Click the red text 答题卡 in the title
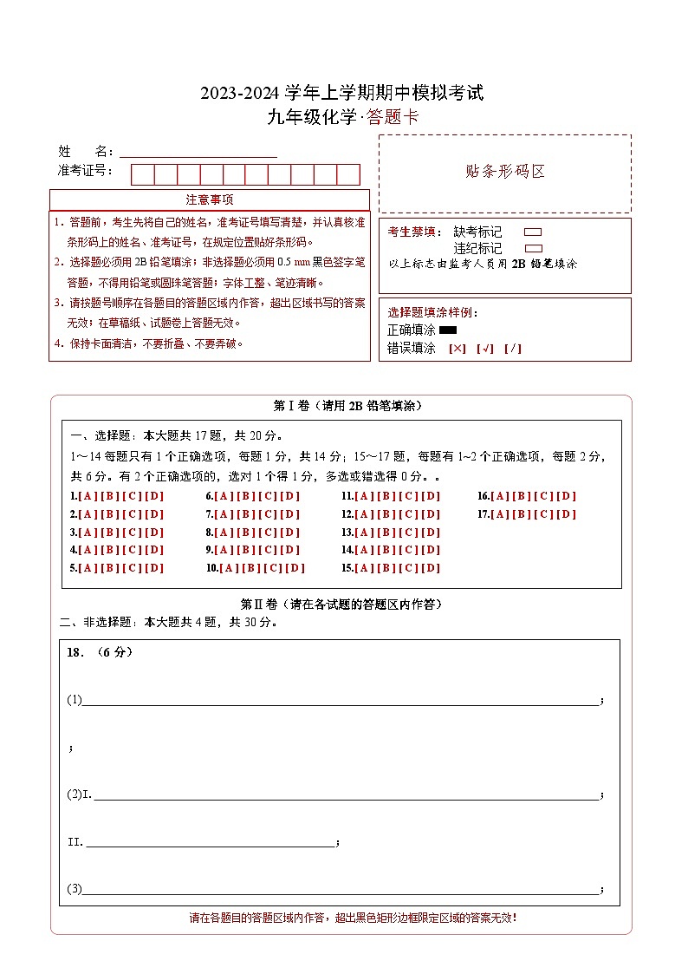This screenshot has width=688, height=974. (393, 118)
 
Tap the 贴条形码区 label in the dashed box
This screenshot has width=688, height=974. (505, 172)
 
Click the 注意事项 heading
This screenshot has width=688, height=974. (210, 199)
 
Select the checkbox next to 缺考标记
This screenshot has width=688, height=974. (533, 232)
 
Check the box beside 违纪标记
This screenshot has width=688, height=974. (533, 248)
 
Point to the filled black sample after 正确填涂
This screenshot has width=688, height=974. (448, 330)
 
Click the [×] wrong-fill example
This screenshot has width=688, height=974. (457, 349)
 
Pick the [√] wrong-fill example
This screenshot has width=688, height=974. (484, 349)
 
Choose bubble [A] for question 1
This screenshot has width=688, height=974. (87, 496)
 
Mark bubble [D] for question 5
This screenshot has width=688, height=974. (154, 568)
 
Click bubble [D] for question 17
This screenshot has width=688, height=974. (567, 514)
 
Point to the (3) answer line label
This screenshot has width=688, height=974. (74, 889)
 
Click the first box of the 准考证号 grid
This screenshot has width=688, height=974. (142, 174)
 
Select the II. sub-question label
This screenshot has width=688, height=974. (75, 842)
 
